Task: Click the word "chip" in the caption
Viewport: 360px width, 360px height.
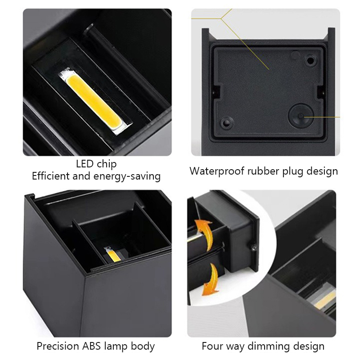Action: [106, 164]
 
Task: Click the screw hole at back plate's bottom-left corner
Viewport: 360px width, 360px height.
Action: [225, 121]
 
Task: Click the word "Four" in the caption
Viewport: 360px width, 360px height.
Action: [212, 346]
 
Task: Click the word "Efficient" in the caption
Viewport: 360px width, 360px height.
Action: [51, 176]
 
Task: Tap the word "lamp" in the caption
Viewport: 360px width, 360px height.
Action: [127, 346]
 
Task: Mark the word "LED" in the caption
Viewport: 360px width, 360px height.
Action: [85, 164]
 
